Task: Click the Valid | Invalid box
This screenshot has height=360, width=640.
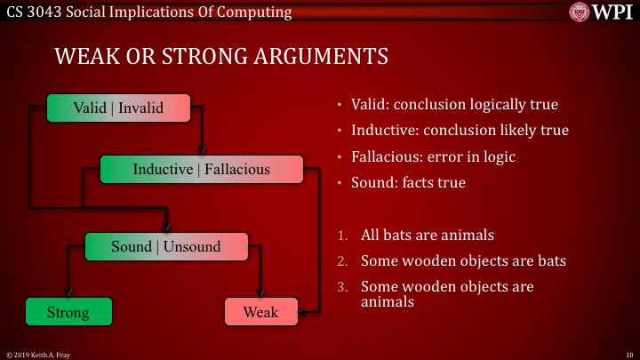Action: pyautogui.click(x=118, y=108)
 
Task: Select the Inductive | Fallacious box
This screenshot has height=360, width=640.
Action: pyautogui.click(x=201, y=169)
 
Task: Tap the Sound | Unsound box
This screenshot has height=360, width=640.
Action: pyautogui.click(x=165, y=246)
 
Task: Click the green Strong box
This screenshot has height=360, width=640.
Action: pyautogui.click(x=68, y=312)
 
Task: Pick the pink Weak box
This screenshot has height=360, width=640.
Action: pyautogui.click(x=260, y=312)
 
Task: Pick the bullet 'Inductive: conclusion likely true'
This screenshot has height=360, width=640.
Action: pyautogui.click(x=460, y=130)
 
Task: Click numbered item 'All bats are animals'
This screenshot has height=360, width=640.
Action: pyautogui.click(x=427, y=236)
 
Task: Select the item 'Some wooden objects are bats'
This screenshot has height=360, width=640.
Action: pyautogui.click(x=462, y=261)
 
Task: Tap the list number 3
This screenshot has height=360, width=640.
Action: pyautogui.click(x=342, y=288)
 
